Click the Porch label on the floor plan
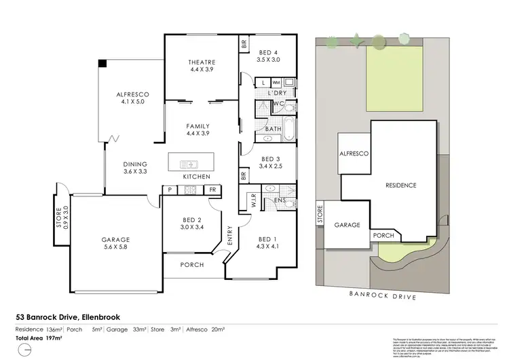coord(191,265)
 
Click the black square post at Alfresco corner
coord(102,63)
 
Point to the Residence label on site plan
coord(400,185)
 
